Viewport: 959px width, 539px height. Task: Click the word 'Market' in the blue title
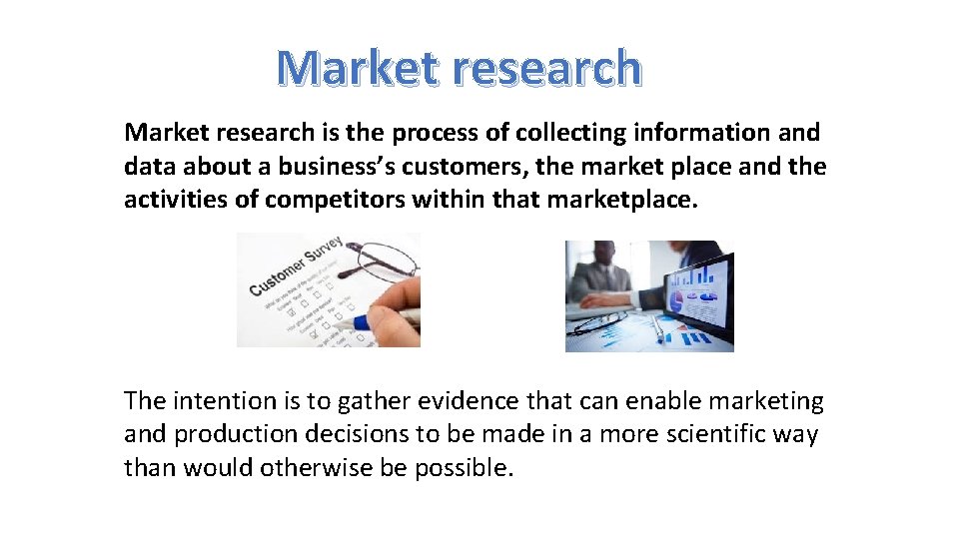(x=358, y=68)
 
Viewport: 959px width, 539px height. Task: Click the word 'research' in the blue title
(x=546, y=68)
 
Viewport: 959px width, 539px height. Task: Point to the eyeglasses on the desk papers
(x=599, y=322)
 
